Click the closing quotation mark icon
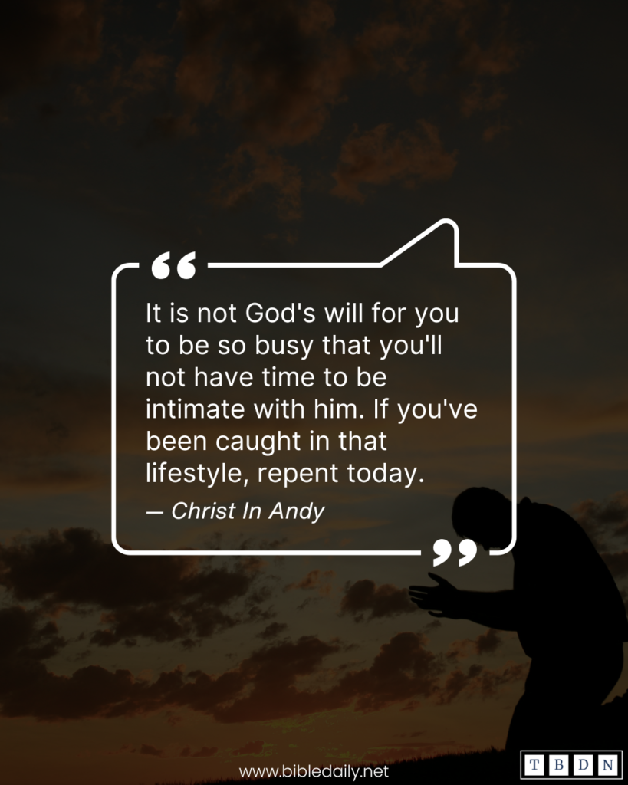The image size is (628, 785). [x=455, y=552]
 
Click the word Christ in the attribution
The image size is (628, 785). [x=203, y=511]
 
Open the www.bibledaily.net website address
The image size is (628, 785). [x=314, y=770]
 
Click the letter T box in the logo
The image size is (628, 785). [x=534, y=766]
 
